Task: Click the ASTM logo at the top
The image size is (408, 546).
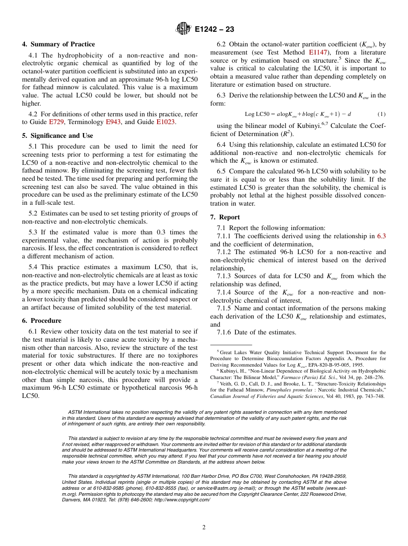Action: [x=184, y=29]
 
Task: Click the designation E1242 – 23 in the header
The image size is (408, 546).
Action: [x=214, y=30]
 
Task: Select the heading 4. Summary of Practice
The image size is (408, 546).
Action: [x=58, y=44]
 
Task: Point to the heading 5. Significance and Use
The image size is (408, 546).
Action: [x=58, y=136]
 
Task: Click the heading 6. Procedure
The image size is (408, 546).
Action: [x=42, y=321]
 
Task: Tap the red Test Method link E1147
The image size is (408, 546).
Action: [x=318, y=52]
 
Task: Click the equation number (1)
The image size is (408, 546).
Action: [x=381, y=114]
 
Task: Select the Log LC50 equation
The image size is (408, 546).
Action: [x=298, y=114]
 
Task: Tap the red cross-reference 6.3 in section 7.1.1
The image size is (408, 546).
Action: [x=381, y=236]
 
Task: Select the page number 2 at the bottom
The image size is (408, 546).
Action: [x=204, y=528]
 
